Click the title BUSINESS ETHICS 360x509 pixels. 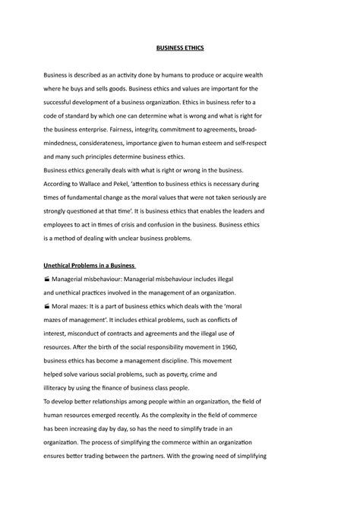click(x=180, y=48)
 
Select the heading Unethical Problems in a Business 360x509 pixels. click(x=89, y=266)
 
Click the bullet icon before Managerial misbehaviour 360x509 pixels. click(x=48, y=280)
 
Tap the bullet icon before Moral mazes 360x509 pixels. click(x=48, y=305)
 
